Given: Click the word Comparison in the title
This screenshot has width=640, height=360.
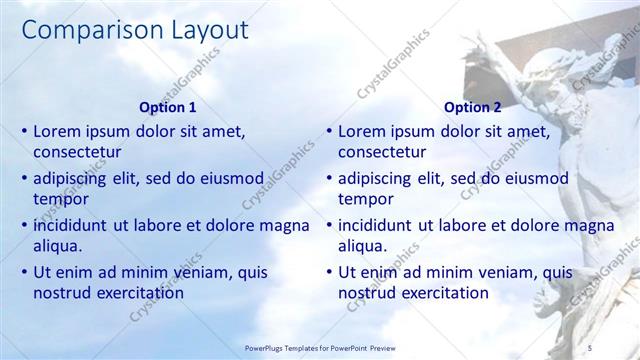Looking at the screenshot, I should pos(83,31).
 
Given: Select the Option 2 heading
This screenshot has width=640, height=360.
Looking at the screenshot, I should pos(473,107).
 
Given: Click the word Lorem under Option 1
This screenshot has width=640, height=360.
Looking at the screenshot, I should pos(57,130).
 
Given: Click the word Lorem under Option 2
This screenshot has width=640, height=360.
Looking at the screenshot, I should pos(361,130).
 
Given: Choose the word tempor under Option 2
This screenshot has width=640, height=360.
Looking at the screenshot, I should pos(365,199).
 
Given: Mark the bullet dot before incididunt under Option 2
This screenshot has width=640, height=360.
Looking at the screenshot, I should pos(328,225).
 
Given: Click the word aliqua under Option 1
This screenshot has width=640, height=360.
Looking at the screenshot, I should pos(58,246).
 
